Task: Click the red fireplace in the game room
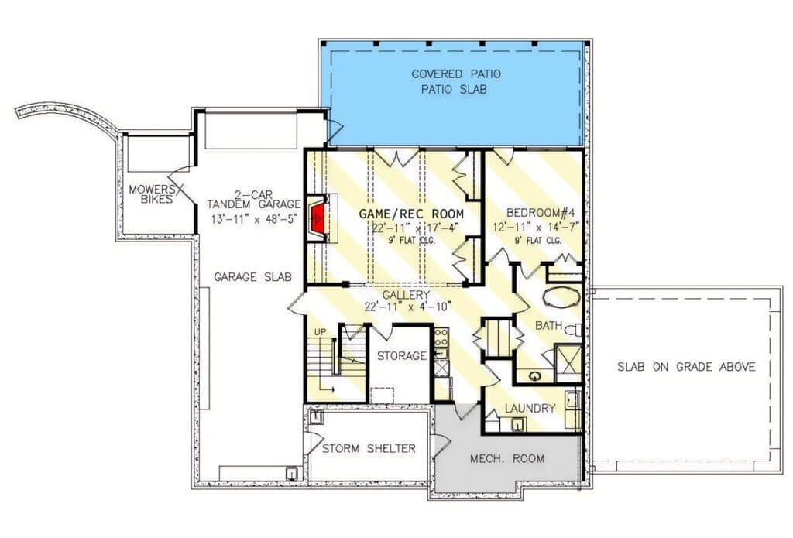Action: pyautogui.click(x=317, y=219)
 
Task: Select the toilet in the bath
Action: pyautogui.click(x=573, y=331)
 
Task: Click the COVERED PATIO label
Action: pyautogui.click(x=456, y=74)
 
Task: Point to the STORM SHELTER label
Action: pyautogui.click(x=369, y=448)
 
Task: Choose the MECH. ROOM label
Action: pyautogui.click(x=507, y=458)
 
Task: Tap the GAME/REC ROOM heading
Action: pyautogui.click(x=411, y=214)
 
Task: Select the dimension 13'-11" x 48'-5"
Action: pyautogui.click(x=253, y=219)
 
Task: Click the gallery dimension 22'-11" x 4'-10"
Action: pyautogui.click(x=407, y=307)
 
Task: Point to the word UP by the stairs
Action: pyautogui.click(x=320, y=332)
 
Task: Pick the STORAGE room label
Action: pyautogui.click(x=402, y=356)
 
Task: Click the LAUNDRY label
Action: pyautogui.click(x=530, y=408)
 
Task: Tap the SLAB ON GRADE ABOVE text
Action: pyautogui.click(x=686, y=367)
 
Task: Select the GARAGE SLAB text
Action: pyautogui.click(x=252, y=277)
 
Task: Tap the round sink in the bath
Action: pyautogui.click(x=534, y=375)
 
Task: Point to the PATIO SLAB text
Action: pyautogui.click(x=454, y=90)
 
